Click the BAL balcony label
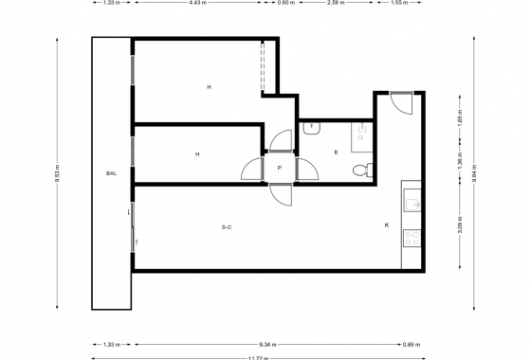tap(111, 173)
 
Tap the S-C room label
tap(227, 226)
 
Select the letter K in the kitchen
tap(386, 225)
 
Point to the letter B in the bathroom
tap(336, 153)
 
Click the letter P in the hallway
tap(279, 168)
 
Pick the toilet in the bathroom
tap(359, 171)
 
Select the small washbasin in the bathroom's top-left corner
tap(310, 125)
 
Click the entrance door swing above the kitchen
tap(400, 102)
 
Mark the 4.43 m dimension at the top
tap(196, 3)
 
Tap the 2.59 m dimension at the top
tap(334, 3)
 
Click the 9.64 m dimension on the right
tap(474, 173)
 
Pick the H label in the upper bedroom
tap(208, 87)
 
